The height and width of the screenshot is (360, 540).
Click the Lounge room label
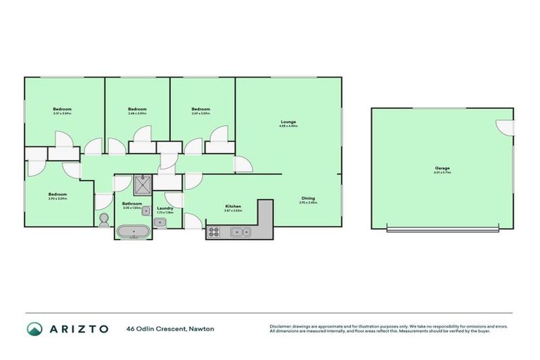tap(289, 122)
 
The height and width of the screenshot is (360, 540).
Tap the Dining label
tap(309, 198)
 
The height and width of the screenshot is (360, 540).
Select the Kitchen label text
tap(233, 206)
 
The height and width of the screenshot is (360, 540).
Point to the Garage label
tap(442, 168)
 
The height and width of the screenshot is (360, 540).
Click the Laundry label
tap(165, 208)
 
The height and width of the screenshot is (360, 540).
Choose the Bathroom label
tap(132, 203)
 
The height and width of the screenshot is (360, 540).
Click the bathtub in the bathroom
tap(132, 231)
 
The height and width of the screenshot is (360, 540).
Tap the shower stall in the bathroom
tap(143, 186)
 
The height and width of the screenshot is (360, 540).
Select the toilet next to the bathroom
tap(104, 220)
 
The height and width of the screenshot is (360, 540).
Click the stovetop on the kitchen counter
tap(215, 231)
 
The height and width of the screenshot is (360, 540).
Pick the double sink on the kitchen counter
tap(243, 231)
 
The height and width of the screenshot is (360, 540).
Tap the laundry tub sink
tap(160, 223)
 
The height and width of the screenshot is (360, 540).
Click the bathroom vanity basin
tap(146, 212)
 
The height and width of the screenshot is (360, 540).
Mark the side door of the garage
tap(506, 127)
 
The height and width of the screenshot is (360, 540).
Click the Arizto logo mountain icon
tap(34, 328)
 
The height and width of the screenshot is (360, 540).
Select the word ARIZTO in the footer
tap(78, 328)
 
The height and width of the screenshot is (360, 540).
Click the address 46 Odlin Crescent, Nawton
tap(170, 328)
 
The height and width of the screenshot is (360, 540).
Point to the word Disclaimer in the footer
tap(281, 326)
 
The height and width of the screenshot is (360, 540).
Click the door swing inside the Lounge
tap(243, 165)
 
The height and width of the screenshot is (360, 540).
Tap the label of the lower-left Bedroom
tap(58, 195)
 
